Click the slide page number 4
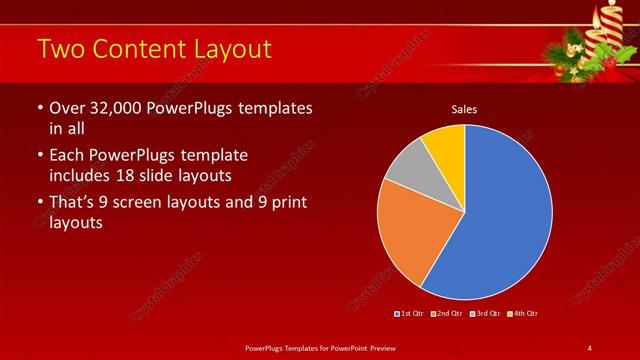590,347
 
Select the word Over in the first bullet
66,108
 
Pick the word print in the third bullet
285,203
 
